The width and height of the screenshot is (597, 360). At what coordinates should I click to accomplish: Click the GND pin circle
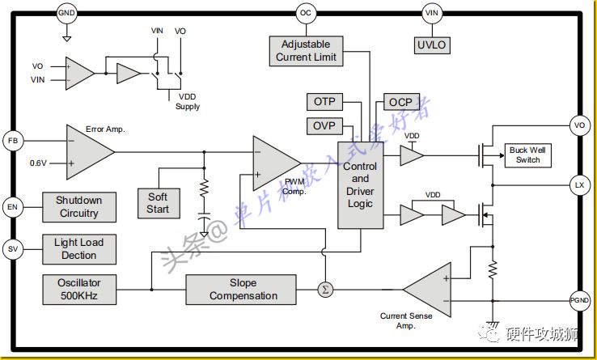pyautogui.click(x=66, y=13)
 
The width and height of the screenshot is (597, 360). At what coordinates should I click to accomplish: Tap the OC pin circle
pyautogui.click(x=306, y=13)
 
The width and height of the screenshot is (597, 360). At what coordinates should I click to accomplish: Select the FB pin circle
pyautogui.click(x=13, y=141)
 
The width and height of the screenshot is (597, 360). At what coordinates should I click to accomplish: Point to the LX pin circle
pyautogui.click(x=579, y=185)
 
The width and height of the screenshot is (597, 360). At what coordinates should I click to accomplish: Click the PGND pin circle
pyautogui.click(x=579, y=301)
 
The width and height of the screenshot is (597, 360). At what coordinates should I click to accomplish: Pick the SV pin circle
pyautogui.click(x=13, y=249)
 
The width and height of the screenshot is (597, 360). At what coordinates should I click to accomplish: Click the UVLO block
pyautogui.click(x=432, y=45)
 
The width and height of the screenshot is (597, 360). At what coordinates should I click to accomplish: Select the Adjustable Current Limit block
pyautogui.click(x=306, y=51)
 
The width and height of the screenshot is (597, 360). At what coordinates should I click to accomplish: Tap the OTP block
pyautogui.click(x=324, y=102)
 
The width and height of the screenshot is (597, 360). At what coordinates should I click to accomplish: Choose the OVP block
pyautogui.click(x=324, y=126)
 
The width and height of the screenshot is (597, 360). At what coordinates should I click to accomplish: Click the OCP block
pyautogui.click(x=401, y=102)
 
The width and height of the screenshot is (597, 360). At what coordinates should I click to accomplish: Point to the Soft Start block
pyautogui.click(x=159, y=203)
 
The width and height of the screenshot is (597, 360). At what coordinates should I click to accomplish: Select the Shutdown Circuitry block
pyautogui.click(x=79, y=207)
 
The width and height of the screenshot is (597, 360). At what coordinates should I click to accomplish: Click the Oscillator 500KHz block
pyautogui.click(x=79, y=290)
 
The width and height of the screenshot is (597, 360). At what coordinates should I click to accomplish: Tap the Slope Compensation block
pyautogui.click(x=240, y=290)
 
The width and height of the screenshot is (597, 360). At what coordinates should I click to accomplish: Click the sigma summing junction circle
pyautogui.click(x=325, y=290)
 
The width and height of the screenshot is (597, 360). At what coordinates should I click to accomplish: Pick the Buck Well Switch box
pyautogui.click(x=527, y=155)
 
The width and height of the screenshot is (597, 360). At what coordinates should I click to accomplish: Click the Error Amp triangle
pyautogui.click(x=91, y=151)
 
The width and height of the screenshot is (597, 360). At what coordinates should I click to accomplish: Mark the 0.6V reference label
pyautogui.click(x=38, y=163)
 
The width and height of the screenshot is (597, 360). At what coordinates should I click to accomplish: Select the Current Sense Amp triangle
pyautogui.click(x=428, y=290)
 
